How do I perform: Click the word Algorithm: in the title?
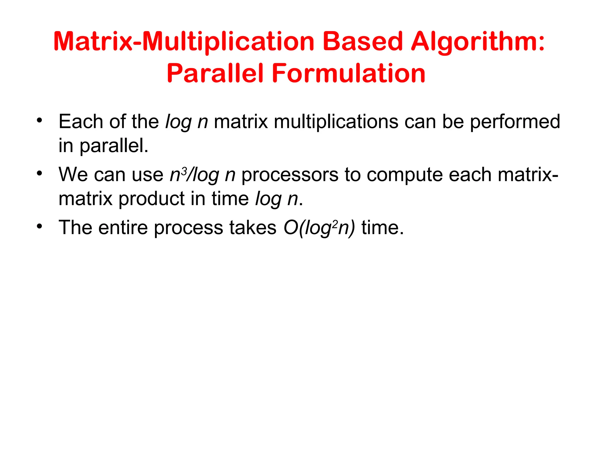point(478,42)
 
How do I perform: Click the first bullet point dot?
point(39,120)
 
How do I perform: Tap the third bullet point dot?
point(39,226)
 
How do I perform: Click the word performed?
point(515,121)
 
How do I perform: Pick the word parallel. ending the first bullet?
point(114,146)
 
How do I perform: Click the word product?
point(152,199)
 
